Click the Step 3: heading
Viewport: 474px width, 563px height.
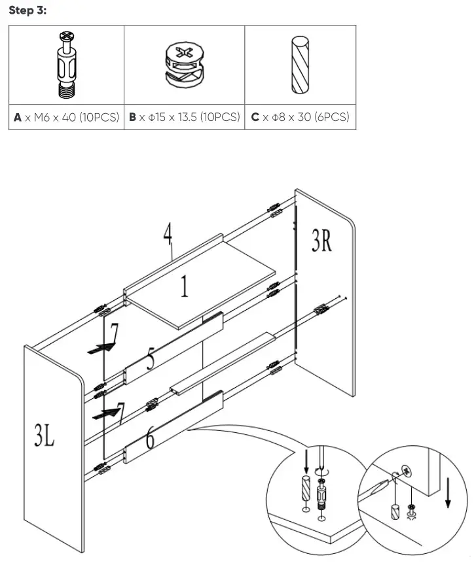point(28,11)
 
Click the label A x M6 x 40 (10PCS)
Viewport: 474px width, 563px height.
point(66,118)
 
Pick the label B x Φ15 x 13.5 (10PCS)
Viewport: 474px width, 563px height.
point(184,118)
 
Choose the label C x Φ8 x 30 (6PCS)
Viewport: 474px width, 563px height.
point(300,118)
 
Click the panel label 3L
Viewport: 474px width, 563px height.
point(45,437)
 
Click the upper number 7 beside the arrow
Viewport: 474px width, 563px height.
point(114,334)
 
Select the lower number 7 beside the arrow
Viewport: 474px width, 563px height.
point(119,412)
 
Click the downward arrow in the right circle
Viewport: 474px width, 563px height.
point(448,491)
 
